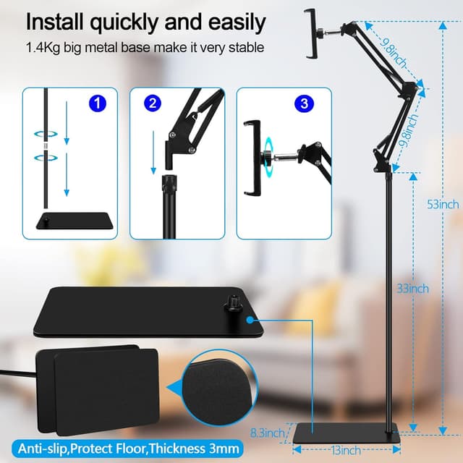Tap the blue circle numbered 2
click(152, 103)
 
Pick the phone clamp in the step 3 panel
click(253, 158)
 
